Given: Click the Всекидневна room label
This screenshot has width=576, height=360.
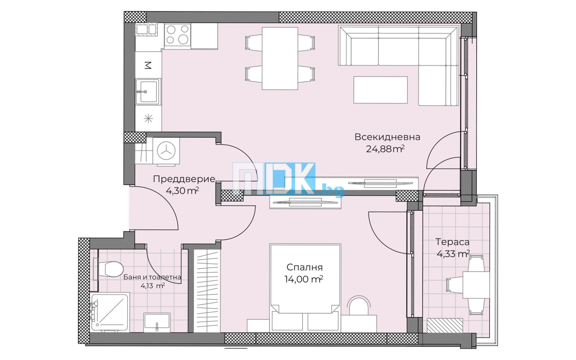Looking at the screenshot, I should click(x=387, y=137).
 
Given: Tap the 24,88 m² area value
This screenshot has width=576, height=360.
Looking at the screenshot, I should click(x=385, y=149).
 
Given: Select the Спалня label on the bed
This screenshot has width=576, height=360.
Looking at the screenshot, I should click(x=304, y=267).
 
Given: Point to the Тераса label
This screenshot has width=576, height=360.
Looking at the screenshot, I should click(x=452, y=242).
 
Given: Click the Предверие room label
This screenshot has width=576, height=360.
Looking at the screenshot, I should click(x=184, y=179).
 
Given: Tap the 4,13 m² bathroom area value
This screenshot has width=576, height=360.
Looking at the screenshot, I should click(x=152, y=286).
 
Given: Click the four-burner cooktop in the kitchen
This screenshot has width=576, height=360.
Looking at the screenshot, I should click(x=177, y=35).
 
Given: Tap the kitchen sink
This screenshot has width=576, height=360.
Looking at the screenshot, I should click(x=148, y=91).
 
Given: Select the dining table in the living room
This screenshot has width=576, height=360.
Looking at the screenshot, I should click(x=280, y=58).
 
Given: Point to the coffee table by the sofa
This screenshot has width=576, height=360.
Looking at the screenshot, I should click(x=380, y=90).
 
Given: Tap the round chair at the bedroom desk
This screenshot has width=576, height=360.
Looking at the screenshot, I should click(x=359, y=306).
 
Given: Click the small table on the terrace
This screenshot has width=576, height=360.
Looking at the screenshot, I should click(x=476, y=285).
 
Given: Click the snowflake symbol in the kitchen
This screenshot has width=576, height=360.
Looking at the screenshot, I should click(x=148, y=118).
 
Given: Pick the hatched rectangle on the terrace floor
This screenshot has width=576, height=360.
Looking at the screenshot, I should click(x=445, y=325).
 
